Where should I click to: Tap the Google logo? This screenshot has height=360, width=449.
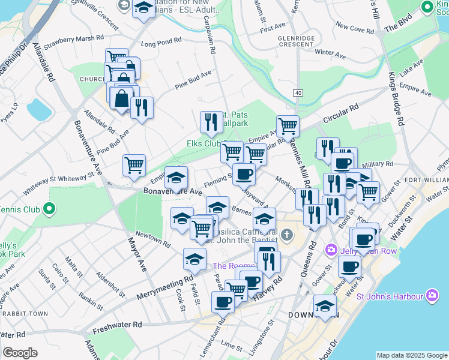19,353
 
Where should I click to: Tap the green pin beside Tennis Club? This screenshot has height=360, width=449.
49,209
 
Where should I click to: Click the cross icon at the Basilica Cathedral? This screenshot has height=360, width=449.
287,234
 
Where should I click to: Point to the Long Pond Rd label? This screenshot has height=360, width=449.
160,43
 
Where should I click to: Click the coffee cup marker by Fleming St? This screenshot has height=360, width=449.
244,174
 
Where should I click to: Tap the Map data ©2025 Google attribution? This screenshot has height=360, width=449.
412,355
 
